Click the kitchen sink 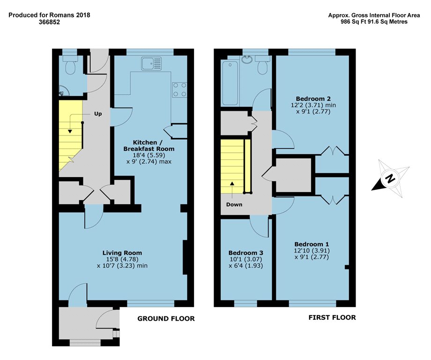tap(152, 64)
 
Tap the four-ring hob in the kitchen tap(179, 90)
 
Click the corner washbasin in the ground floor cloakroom tap(64, 90)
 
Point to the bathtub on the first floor tap(230, 83)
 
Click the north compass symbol tap(390, 178)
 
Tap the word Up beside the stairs tap(98, 114)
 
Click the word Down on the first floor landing tap(234, 204)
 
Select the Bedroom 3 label tap(246, 253)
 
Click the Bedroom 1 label tap(312, 244)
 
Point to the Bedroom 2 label tap(313, 98)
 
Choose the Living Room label tap(122, 253)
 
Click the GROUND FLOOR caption tap(166, 318)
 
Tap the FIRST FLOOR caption tap(332, 317)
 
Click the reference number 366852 tap(49, 22)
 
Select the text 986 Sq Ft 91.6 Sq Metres tap(374, 22)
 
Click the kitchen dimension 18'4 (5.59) tap(149, 155)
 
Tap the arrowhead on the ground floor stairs tap(70, 131)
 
